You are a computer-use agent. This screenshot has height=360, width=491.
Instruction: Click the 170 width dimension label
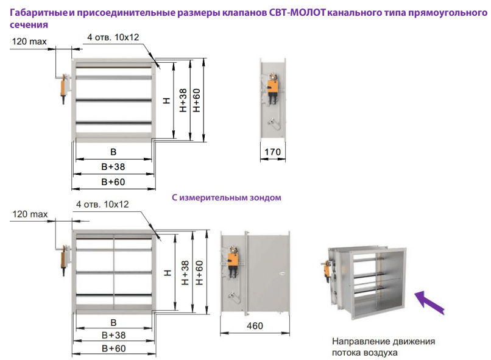click(272, 152)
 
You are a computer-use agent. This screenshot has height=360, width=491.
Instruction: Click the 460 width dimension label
click(255, 326)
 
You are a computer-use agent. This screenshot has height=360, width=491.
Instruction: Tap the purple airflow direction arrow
click(429, 302)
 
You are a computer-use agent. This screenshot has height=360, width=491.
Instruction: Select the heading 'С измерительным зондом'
click(227, 197)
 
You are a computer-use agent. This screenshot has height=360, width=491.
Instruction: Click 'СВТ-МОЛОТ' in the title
click(297, 13)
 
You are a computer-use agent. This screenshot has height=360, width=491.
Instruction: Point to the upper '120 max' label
click(29, 41)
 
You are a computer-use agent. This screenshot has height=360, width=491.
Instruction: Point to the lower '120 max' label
click(30, 214)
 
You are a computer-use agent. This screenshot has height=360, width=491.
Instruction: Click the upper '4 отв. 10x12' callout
click(113, 37)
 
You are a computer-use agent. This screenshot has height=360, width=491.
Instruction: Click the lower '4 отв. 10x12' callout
click(102, 205)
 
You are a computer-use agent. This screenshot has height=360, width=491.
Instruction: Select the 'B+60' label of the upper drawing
click(113, 182)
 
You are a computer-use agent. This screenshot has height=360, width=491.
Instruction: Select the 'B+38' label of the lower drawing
click(113, 335)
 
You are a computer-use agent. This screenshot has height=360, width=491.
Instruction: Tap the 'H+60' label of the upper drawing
click(196, 100)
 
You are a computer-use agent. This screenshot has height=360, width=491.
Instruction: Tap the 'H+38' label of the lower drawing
click(185, 273)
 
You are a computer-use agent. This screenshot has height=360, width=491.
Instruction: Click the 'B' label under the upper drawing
click(113, 152)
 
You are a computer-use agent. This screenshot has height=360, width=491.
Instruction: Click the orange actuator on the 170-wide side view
click(272, 87)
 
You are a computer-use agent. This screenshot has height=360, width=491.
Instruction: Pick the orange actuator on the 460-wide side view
click(233, 261)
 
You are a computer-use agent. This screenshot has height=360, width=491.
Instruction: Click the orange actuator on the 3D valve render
click(327, 271)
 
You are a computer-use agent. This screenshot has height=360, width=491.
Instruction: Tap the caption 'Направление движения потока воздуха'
click(383, 347)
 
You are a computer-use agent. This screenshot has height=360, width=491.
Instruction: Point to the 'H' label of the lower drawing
click(168, 273)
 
